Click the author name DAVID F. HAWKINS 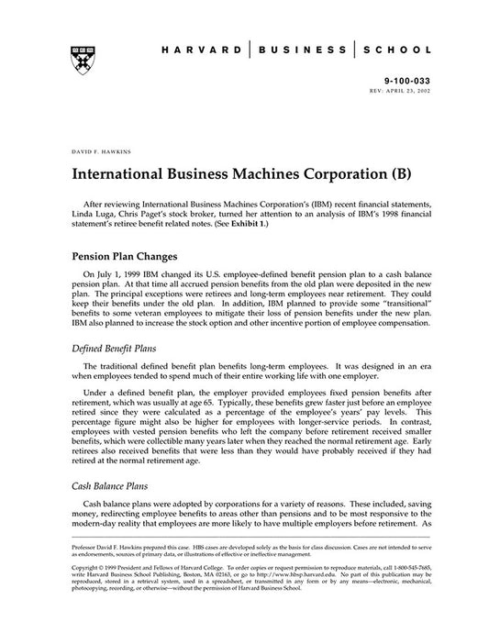click(97, 148)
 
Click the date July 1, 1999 click(114, 274)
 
